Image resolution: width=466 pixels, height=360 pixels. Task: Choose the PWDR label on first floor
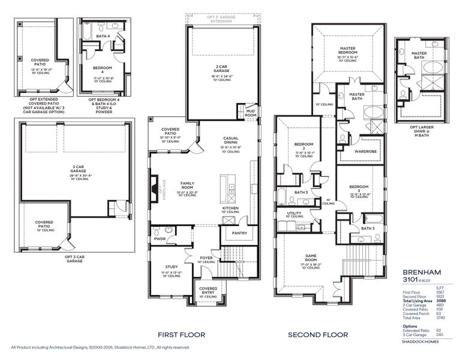tap(160, 238)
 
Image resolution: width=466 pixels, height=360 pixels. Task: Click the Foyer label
tap(206, 259)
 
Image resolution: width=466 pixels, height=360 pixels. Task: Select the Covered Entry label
tap(208, 290)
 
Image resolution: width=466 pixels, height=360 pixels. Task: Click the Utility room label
tap(294, 213)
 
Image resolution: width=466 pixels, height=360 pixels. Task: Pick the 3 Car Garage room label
tap(78, 171)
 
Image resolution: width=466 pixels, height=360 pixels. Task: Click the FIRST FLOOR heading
tap(181, 334)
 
